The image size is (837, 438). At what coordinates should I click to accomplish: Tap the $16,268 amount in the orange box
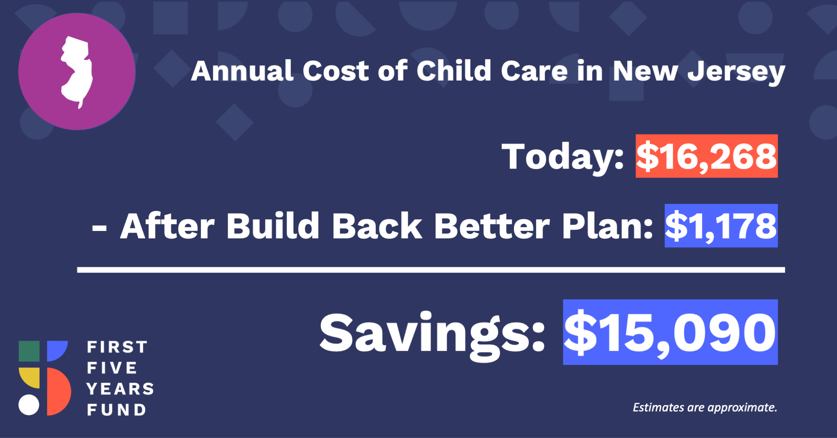point(707,156)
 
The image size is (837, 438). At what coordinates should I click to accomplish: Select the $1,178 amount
point(721,226)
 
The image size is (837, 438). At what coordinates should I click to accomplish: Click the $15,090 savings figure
point(670,333)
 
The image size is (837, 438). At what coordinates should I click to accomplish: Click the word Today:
point(563,157)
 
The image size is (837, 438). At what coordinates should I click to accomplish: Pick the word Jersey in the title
point(736,72)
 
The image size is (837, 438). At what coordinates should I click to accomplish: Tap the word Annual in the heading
point(242,71)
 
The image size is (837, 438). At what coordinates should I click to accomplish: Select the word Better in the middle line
point(492,226)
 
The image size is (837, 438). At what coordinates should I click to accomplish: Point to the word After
point(167,226)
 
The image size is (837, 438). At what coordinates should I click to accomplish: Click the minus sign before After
point(99,229)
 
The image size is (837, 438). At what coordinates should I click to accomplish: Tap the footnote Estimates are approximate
point(705,407)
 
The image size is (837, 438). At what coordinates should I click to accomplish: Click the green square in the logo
point(29,351)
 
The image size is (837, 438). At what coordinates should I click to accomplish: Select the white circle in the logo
point(29,405)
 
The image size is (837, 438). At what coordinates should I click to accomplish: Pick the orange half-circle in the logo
point(58,391)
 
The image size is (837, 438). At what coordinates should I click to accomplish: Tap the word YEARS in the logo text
point(120,389)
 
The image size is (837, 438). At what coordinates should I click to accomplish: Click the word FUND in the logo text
point(116,410)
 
